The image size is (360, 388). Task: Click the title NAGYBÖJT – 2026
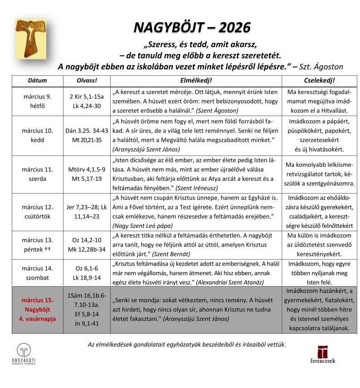pyautogui.click(x=192, y=27)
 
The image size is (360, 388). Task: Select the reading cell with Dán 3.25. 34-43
pyautogui.click(x=87, y=135)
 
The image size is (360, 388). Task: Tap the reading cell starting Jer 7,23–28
pyautogui.click(x=87, y=212)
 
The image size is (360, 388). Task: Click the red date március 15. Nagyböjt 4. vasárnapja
pyautogui.click(x=37, y=309)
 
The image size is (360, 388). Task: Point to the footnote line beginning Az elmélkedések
pyautogui.click(x=187, y=344)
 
